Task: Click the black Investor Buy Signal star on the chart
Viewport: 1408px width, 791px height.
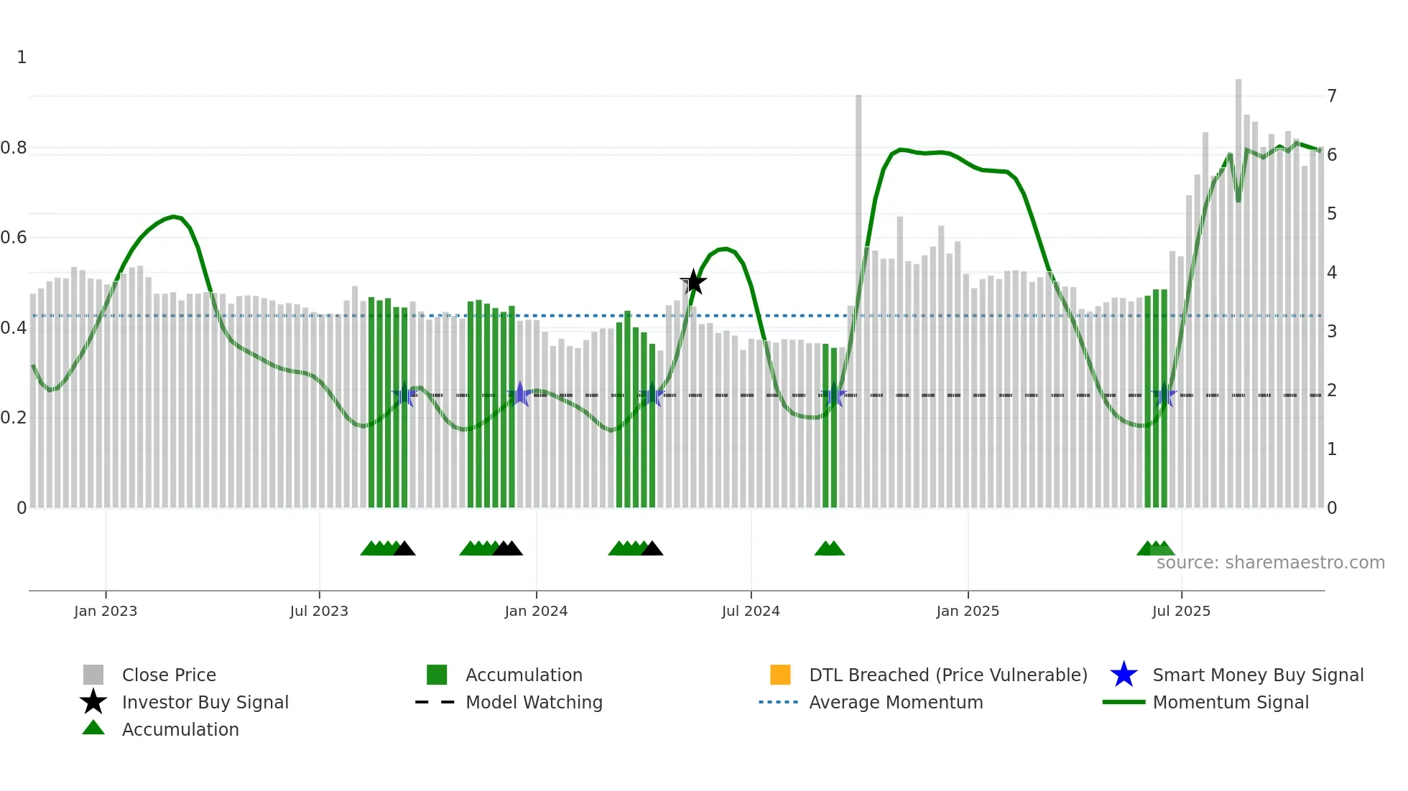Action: pos(693,282)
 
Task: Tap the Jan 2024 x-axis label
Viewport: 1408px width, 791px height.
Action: pos(536,611)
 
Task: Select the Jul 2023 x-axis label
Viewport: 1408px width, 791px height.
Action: pos(319,611)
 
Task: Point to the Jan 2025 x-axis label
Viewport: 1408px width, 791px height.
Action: pos(968,611)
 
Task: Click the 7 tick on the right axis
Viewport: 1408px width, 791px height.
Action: pos(1332,95)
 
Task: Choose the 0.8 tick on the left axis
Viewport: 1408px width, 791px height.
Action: pos(14,148)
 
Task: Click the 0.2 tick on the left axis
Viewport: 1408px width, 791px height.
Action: pos(14,418)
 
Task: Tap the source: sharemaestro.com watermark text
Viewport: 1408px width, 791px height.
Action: pos(1270,563)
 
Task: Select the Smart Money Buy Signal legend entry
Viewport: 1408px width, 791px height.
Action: pos(1257,675)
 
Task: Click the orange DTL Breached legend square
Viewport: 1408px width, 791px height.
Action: pos(780,675)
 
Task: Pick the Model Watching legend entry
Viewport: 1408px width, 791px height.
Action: pos(533,702)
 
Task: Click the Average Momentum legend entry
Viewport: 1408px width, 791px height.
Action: pos(895,702)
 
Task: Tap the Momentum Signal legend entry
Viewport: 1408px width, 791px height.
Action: pos(1230,702)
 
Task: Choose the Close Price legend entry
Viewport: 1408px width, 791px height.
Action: pos(168,675)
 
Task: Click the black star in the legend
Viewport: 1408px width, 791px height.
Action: pos(93,702)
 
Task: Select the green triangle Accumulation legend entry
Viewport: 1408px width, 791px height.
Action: pos(180,729)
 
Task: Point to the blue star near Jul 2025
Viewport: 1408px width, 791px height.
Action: pos(1164,395)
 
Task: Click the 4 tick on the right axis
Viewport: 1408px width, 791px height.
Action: pos(1332,272)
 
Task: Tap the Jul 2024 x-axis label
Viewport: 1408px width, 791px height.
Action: pos(751,611)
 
